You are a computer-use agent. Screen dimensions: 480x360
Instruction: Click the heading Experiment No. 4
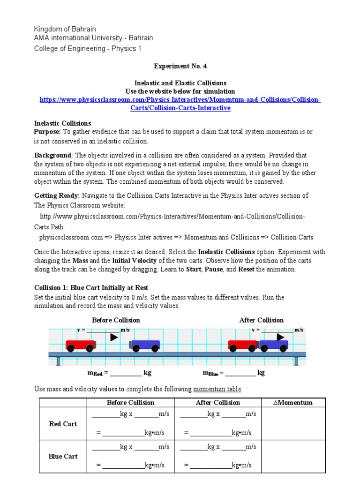[x=180, y=67]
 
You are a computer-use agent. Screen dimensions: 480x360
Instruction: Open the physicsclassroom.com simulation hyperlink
[x=180, y=104]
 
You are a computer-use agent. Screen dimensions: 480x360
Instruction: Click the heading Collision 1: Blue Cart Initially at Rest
[x=91, y=287]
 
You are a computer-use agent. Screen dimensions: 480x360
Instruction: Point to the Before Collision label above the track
[x=116, y=320]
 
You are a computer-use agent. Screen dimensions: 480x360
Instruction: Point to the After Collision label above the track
[x=261, y=320]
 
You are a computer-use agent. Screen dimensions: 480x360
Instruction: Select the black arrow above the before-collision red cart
[x=114, y=337]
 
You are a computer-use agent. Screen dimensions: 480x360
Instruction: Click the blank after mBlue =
[x=240, y=374]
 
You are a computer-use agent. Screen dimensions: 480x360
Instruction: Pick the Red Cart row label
[x=63, y=424]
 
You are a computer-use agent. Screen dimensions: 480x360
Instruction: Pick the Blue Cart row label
[x=63, y=456]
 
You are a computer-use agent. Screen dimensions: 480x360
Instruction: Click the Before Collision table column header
[x=130, y=403]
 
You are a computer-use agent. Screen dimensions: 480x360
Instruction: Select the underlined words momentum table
[x=217, y=389]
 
